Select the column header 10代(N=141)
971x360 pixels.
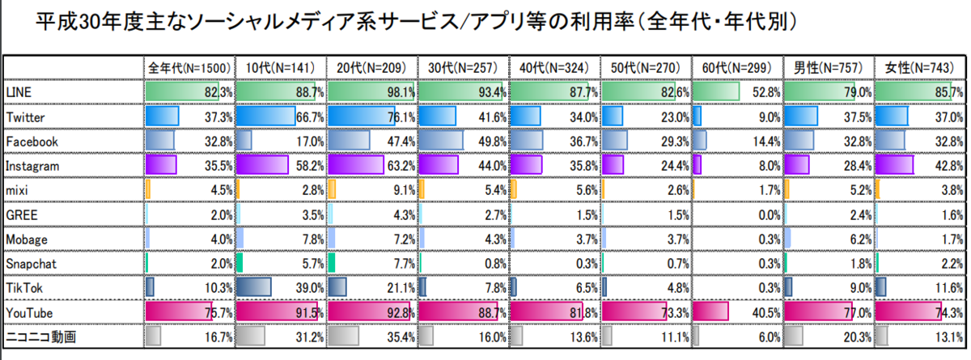pyautogui.click(x=281, y=67)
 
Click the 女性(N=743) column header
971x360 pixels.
pyautogui.click(x=921, y=67)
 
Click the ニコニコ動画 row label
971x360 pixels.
pyautogui.click(x=36, y=336)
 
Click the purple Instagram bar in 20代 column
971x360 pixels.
pyautogui.click(x=356, y=165)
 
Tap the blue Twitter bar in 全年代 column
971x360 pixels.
pyautogui.click(x=161, y=116)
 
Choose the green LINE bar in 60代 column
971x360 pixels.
pyautogui.click(x=716, y=92)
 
